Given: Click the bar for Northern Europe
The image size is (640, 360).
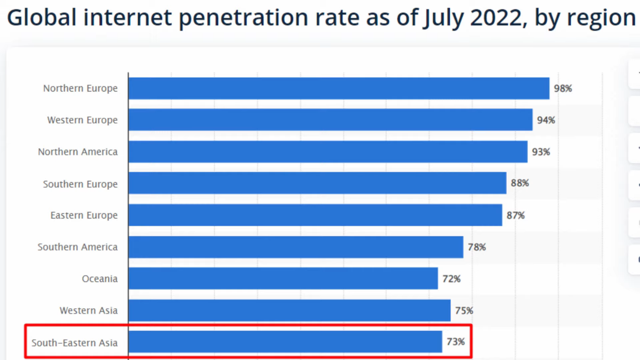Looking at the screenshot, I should point(338,88).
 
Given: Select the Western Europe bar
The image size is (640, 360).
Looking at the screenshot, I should point(330,120).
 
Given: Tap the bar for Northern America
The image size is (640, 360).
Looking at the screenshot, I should point(327,152).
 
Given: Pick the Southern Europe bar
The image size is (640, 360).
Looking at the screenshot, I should point(317,183).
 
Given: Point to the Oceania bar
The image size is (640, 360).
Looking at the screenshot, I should point(283,278).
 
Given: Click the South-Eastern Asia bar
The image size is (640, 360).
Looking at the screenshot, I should point(285,342).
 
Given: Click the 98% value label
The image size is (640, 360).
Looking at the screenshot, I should point(563,88).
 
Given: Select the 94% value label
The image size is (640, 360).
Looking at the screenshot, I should point(546,120).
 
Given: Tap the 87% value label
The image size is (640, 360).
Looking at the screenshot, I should point(515,215).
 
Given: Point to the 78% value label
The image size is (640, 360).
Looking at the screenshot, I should point(476,247).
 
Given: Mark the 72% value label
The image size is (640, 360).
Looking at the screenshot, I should point(451,279).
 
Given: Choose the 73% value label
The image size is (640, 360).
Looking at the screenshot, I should point(455,342).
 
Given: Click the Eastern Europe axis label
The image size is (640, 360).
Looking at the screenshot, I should point(84,215).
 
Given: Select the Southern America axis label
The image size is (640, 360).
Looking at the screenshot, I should point(77,247).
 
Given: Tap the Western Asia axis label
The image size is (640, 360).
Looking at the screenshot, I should point(88,310).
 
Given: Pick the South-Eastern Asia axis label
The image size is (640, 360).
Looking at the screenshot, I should point(74,343).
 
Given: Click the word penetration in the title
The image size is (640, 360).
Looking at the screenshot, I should point(243,18).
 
